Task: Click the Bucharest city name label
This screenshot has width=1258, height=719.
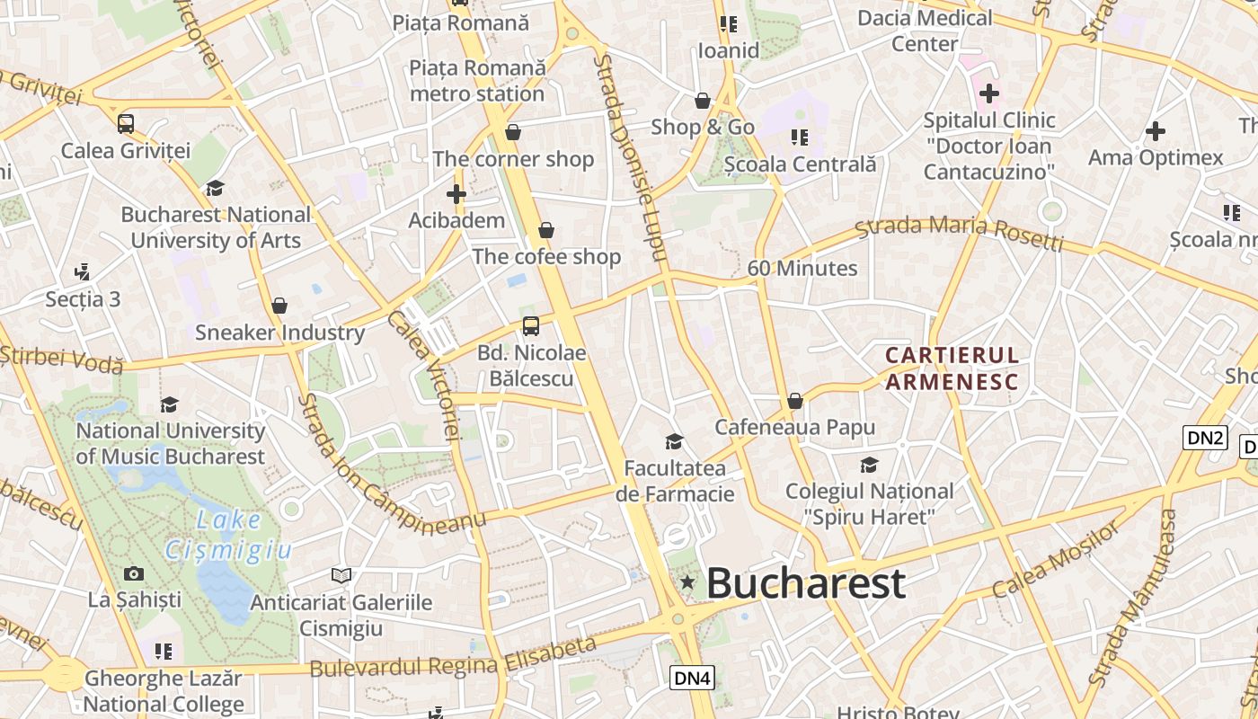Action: click(x=805, y=583)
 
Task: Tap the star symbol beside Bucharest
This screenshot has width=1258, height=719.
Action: click(x=687, y=582)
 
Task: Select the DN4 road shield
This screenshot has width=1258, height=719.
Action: click(x=692, y=678)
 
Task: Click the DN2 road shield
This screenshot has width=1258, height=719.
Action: click(x=1205, y=438)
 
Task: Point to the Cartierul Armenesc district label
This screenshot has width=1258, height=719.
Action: click(x=952, y=368)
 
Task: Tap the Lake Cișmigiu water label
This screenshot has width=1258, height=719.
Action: click(x=228, y=534)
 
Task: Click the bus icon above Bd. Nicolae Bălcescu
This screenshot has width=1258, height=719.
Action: click(x=531, y=326)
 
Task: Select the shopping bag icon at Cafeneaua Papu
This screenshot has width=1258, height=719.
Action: click(x=794, y=401)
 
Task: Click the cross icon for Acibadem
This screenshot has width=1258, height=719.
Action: click(x=456, y=194)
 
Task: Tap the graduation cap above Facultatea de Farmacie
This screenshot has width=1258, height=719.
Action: click(x=674, y=441)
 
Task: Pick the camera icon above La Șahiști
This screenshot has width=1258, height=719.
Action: click(x=134, y=573)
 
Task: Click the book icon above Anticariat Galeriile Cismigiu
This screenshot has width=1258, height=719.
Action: click(x=341, y=575)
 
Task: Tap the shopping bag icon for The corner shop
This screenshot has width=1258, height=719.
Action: click(x=513, y=133)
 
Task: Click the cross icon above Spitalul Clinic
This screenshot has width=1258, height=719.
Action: click(x=988, y=93)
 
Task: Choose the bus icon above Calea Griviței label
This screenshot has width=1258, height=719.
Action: click(x=126, y=124)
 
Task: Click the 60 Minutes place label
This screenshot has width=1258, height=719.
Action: click(x=802, y=269)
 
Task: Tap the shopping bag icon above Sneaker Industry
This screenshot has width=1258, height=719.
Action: click(x=279, y=306)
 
